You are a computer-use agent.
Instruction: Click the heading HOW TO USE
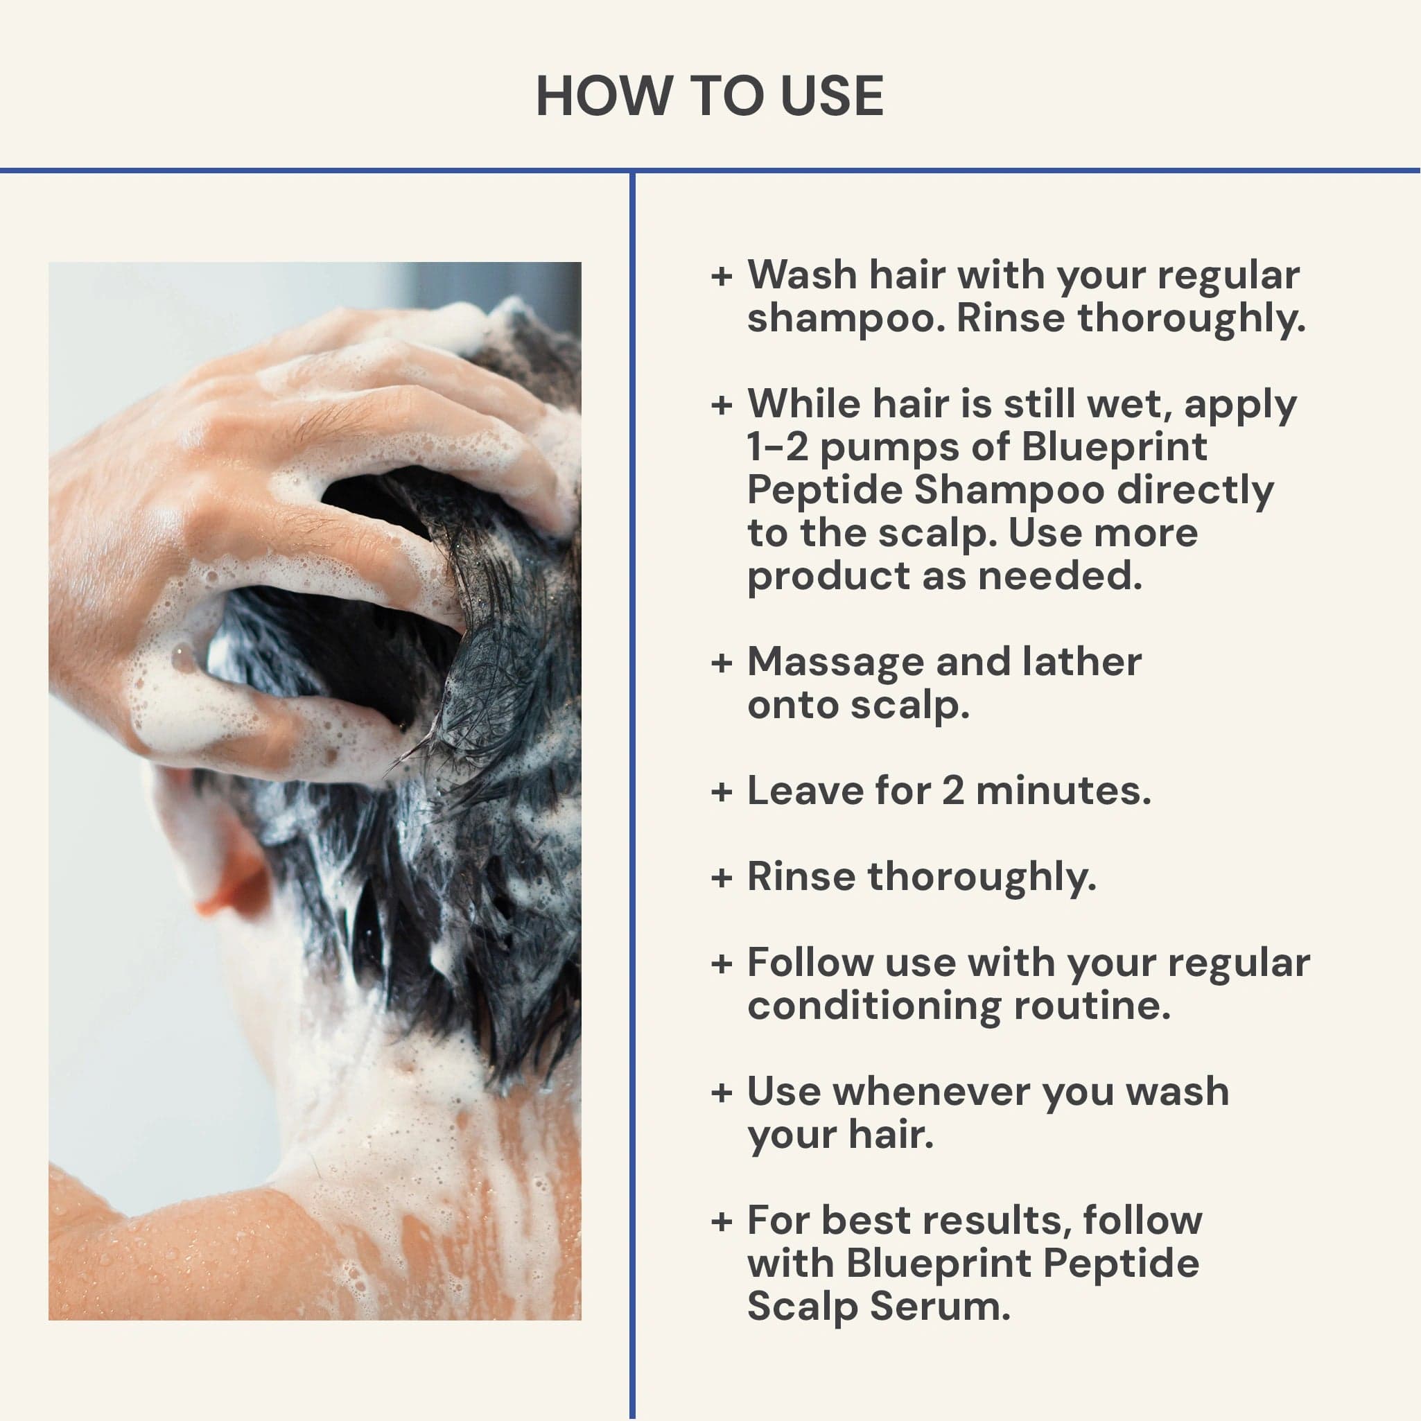pyautogui.click(x=710, y=96)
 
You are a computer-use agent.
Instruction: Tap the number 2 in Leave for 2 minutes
pyautogui.click(x=952, y=791)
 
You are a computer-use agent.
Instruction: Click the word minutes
pyautogui.click(x=1063, y=791)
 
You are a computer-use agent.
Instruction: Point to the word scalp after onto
pyautogui.click(x=910, y=706)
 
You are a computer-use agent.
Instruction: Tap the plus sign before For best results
pyautogui.click(x=722, y=1221)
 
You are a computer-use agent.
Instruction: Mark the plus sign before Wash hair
pyautogui.click(x=722, y=277)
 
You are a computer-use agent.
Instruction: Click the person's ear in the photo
pyautogui.click(x=220, y=860)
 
